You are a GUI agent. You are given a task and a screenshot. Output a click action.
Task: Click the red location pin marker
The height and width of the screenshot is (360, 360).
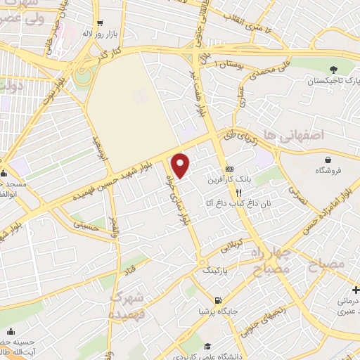click(x=181, y=165)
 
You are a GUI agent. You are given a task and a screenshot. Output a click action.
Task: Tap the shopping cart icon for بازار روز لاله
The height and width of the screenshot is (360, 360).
click(x=100, y=23)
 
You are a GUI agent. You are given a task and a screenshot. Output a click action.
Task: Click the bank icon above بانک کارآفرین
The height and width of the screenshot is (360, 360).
click(x=229, y=169)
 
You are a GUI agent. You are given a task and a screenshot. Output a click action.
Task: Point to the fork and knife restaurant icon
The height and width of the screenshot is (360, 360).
click(x=239, y=192)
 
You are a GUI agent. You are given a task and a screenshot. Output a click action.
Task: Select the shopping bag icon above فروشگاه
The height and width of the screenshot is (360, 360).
click(x=324, y=159)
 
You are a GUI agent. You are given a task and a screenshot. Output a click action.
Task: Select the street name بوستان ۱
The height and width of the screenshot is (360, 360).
click(x=231, y=64)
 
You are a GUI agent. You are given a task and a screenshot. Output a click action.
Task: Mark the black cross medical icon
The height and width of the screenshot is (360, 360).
click(x=356, y=289)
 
